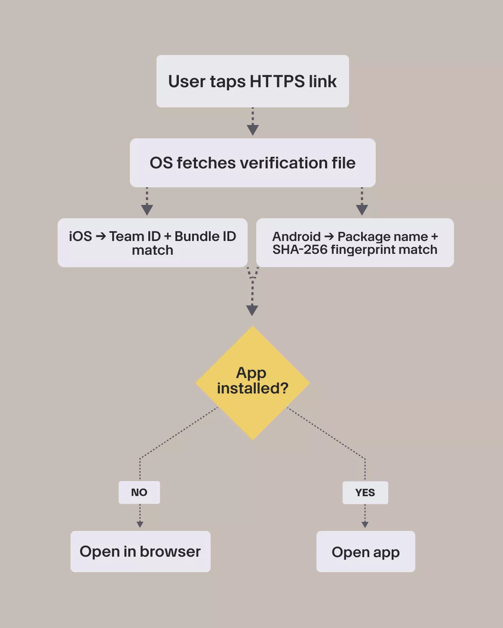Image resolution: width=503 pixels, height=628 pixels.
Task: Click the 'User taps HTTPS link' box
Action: pyautogui.click(x=252, y=81)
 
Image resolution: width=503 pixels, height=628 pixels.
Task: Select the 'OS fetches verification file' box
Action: pyautogui.click(x=252, y=163)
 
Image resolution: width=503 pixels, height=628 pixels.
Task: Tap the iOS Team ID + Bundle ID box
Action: pyautogui.click(x=152, y=243)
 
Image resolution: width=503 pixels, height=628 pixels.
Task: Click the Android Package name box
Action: pyautogui.click(x=355, y=243)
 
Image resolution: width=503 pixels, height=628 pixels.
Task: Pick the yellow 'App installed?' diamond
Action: pyautogui.click(x=252, y=382)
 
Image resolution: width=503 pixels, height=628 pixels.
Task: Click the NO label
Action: pyautogui.click(x=139, y=492)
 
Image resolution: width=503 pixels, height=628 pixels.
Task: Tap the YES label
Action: pyautogui.click(x=365, y=492)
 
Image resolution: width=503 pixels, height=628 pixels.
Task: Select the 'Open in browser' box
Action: pyautogui.click(x=140, y=552)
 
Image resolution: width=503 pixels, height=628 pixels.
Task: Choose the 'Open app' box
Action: pyautogui.click(x=365, y=552)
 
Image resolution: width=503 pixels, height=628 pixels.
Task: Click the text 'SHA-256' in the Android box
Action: pyautogui.click(x=300, y=250)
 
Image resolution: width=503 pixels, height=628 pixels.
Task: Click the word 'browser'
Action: pyautogui.click(x=170, y=552)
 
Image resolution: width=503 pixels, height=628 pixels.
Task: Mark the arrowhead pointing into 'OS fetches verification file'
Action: pyautogui.click(x=253, y=130)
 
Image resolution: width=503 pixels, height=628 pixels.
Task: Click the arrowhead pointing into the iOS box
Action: pyautogui.click(x=147, y=210)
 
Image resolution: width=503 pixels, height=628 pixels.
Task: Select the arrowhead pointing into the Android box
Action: pyautogui.click(x=362, y=210)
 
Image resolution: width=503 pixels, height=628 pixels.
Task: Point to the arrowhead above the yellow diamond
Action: pyautogui.click(x=252, y=310)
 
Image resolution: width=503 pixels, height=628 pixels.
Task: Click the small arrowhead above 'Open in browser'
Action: pyautogui.click(x=140, y=524)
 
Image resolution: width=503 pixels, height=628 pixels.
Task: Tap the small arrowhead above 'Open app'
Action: pyautogui.click(x=365, y=524)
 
